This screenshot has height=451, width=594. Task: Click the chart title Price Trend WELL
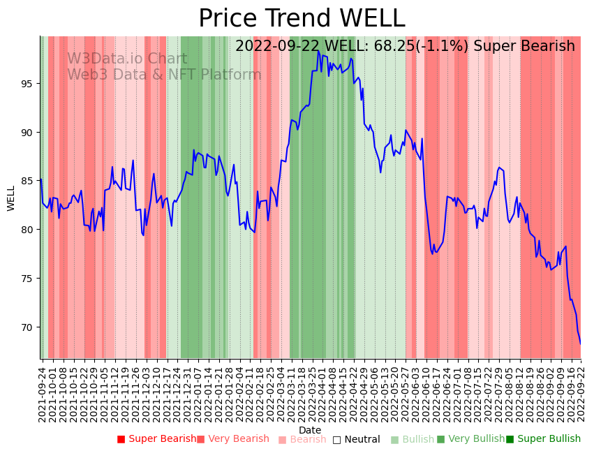click(x=302, y=18)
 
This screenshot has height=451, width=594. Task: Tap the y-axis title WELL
click(x=11, y=198)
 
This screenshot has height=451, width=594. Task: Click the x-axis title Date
click(x=310, y=430)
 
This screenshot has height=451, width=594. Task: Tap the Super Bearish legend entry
click(x=157, y=439)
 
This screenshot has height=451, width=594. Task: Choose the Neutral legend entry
click(x=357, y=439)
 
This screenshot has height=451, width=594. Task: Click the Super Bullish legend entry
click(x=543, y=439)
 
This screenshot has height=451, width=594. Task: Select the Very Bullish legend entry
click(x=470, y=439)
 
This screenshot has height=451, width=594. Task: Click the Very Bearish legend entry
click(x=232, y=439)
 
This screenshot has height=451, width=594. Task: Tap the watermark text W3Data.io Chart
click(x=127, y=59)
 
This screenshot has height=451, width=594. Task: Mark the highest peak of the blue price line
click(x=318, y=50)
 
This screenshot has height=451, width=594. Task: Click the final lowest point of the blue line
click(x=580, y=343)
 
